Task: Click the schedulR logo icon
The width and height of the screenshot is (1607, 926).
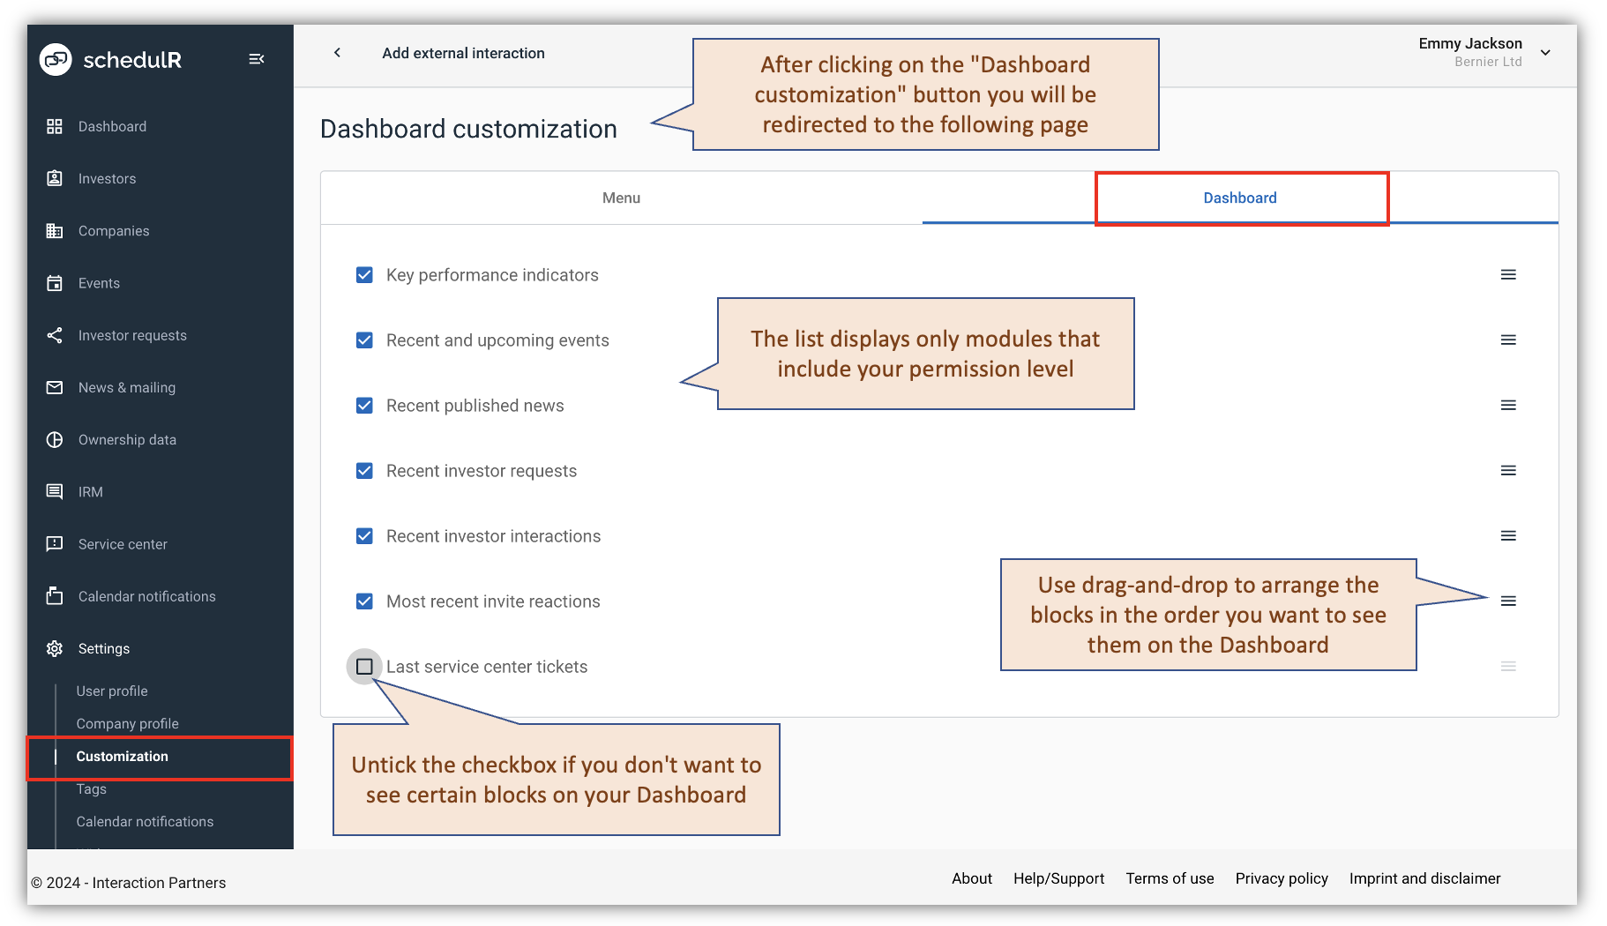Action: point(56,60)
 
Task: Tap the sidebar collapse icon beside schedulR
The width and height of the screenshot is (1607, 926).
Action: point(257,59)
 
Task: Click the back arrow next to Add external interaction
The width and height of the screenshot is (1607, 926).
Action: point(337,53)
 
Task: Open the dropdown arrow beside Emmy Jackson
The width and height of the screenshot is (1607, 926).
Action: point(1545,53)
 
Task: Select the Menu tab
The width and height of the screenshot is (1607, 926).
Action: point(621,198)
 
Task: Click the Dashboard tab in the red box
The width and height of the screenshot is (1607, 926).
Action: point(1239,198)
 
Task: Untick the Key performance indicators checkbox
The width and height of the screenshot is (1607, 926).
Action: point(364,275)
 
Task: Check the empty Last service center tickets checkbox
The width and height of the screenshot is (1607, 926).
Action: point(364,667)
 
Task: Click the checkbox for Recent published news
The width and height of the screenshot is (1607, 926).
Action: point(364,406)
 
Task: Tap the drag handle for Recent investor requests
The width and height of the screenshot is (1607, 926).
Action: point(1508,471)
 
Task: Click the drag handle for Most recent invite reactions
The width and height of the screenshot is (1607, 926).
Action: point(1508,601)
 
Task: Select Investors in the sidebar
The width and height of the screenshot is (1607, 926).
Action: point(107,179)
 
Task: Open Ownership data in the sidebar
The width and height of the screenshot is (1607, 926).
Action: point(127,440)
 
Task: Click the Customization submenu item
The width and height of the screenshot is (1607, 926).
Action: point(122,757)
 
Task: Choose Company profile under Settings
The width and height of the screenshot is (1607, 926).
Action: point(127,724)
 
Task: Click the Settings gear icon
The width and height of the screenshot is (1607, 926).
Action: point(55,649)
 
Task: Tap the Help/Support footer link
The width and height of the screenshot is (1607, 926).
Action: point(1058,878)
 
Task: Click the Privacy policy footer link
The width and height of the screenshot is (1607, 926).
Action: point(1281,878)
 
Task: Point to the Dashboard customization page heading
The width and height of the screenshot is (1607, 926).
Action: point(468,130)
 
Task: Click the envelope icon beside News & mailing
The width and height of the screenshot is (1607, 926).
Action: point(55,388)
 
